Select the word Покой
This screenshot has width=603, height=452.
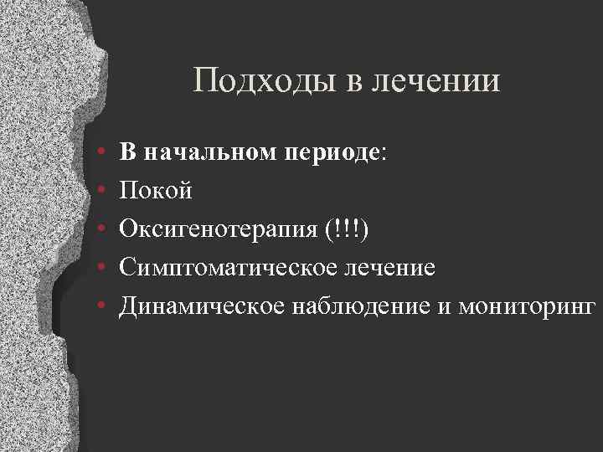156,192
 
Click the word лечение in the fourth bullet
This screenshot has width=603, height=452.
386,268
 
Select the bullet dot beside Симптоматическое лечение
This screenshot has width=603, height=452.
100,269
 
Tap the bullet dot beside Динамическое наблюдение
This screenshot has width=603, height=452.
100,307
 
